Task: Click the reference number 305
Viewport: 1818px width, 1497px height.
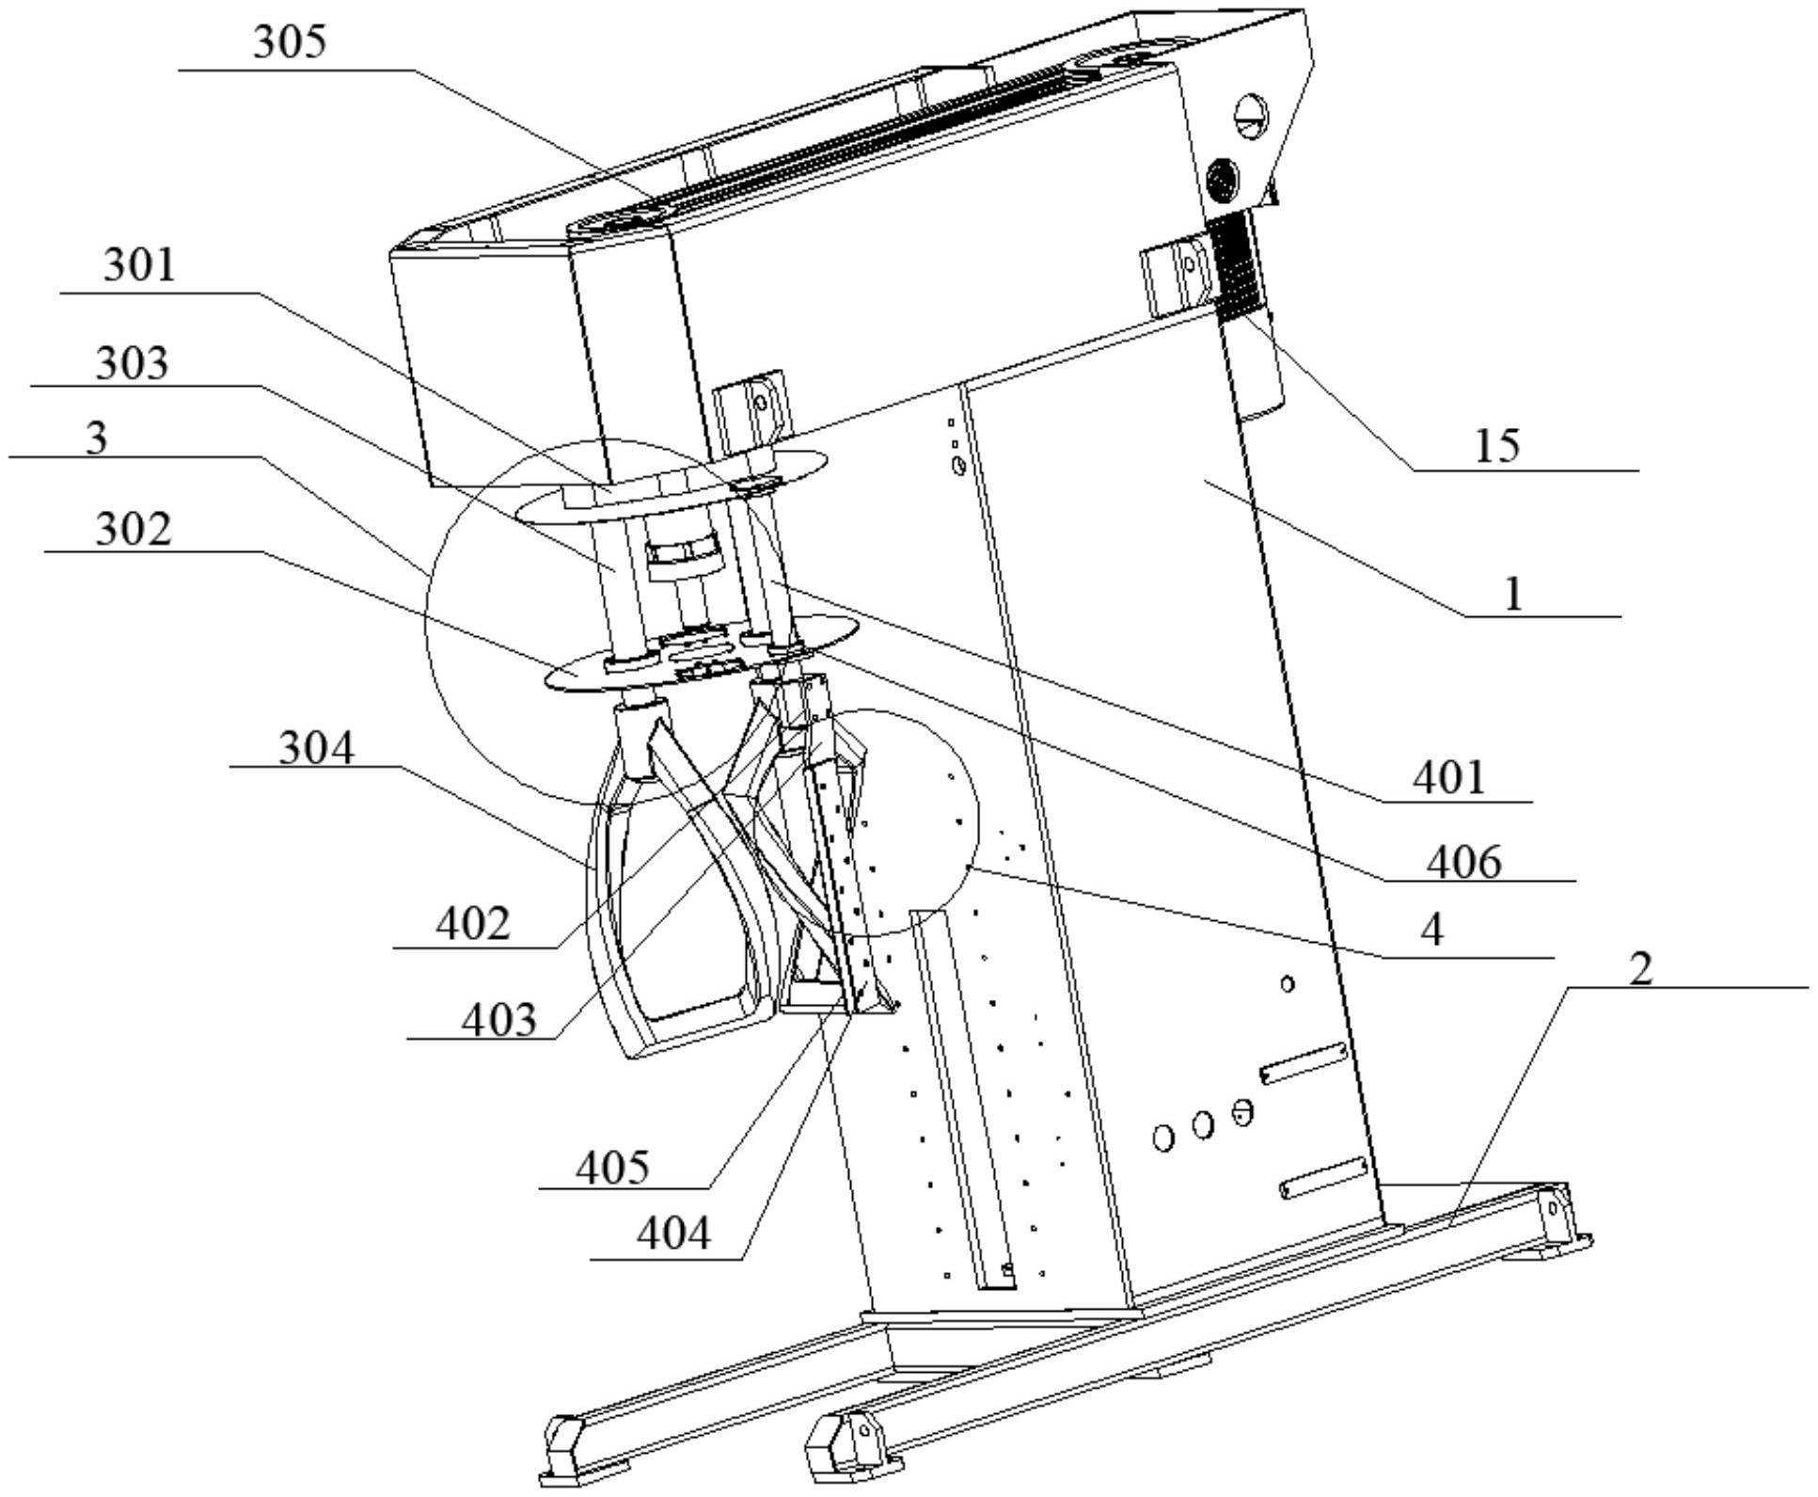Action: [290, 42]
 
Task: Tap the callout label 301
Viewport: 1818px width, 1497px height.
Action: [139, 265]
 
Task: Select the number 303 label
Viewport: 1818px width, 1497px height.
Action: [132, 363]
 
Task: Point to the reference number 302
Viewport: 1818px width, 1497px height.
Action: [134, 529]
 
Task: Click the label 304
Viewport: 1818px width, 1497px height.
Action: [317, 749]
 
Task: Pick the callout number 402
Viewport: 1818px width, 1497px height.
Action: [473, 924]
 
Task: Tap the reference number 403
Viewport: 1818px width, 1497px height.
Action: [498, 1019]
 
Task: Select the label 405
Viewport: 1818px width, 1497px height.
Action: [612, 1168]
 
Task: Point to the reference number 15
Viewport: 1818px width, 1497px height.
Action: [1496, 445]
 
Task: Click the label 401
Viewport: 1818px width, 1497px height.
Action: [1448, 778]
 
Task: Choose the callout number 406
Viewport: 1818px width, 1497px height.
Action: [1463, 862]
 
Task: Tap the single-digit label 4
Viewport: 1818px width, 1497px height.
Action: [1431, 931]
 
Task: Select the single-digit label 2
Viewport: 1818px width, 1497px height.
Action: [1640, 968]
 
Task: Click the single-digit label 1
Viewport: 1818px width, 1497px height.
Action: [1513, 595]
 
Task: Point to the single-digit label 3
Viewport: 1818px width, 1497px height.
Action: [96, 438]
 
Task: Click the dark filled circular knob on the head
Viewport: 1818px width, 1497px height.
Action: [1223, 178]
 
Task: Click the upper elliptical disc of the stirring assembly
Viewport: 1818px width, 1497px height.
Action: [672, 486]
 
